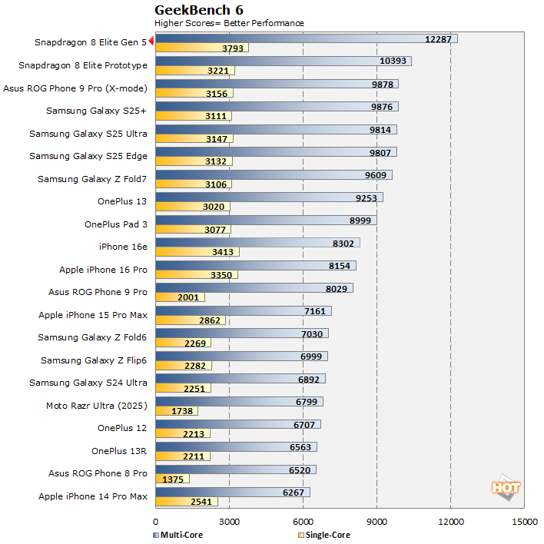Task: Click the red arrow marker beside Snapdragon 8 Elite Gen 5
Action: pyautogui.click(x=152, y=42)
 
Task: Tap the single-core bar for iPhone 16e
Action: pyautogui.click(x=197, y=252)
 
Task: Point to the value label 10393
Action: pyautogui.click(x=395, y=61)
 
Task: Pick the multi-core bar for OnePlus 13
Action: pyautogui.click(x=269, y=197)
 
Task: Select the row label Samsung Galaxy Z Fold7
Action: pyautogui.click(x=92, y=179)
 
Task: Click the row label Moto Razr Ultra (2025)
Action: pyautogui.click(x=97, y=405)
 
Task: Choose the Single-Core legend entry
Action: pyautogui.click(x=323, y=535)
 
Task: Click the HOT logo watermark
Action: pyautogui.click(x=506, y=487)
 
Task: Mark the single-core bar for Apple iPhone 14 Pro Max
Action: pyautogui.click(x=187, y=502)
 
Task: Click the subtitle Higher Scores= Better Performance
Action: pyautogui.click(x=229, y=23)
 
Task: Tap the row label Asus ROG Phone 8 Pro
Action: pyautogui.click(x=98, y=473)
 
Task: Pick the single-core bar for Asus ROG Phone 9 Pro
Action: pyautogui.click(x=180, y=297)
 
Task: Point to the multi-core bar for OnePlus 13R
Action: pyautogui.click(x=236, y=446)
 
